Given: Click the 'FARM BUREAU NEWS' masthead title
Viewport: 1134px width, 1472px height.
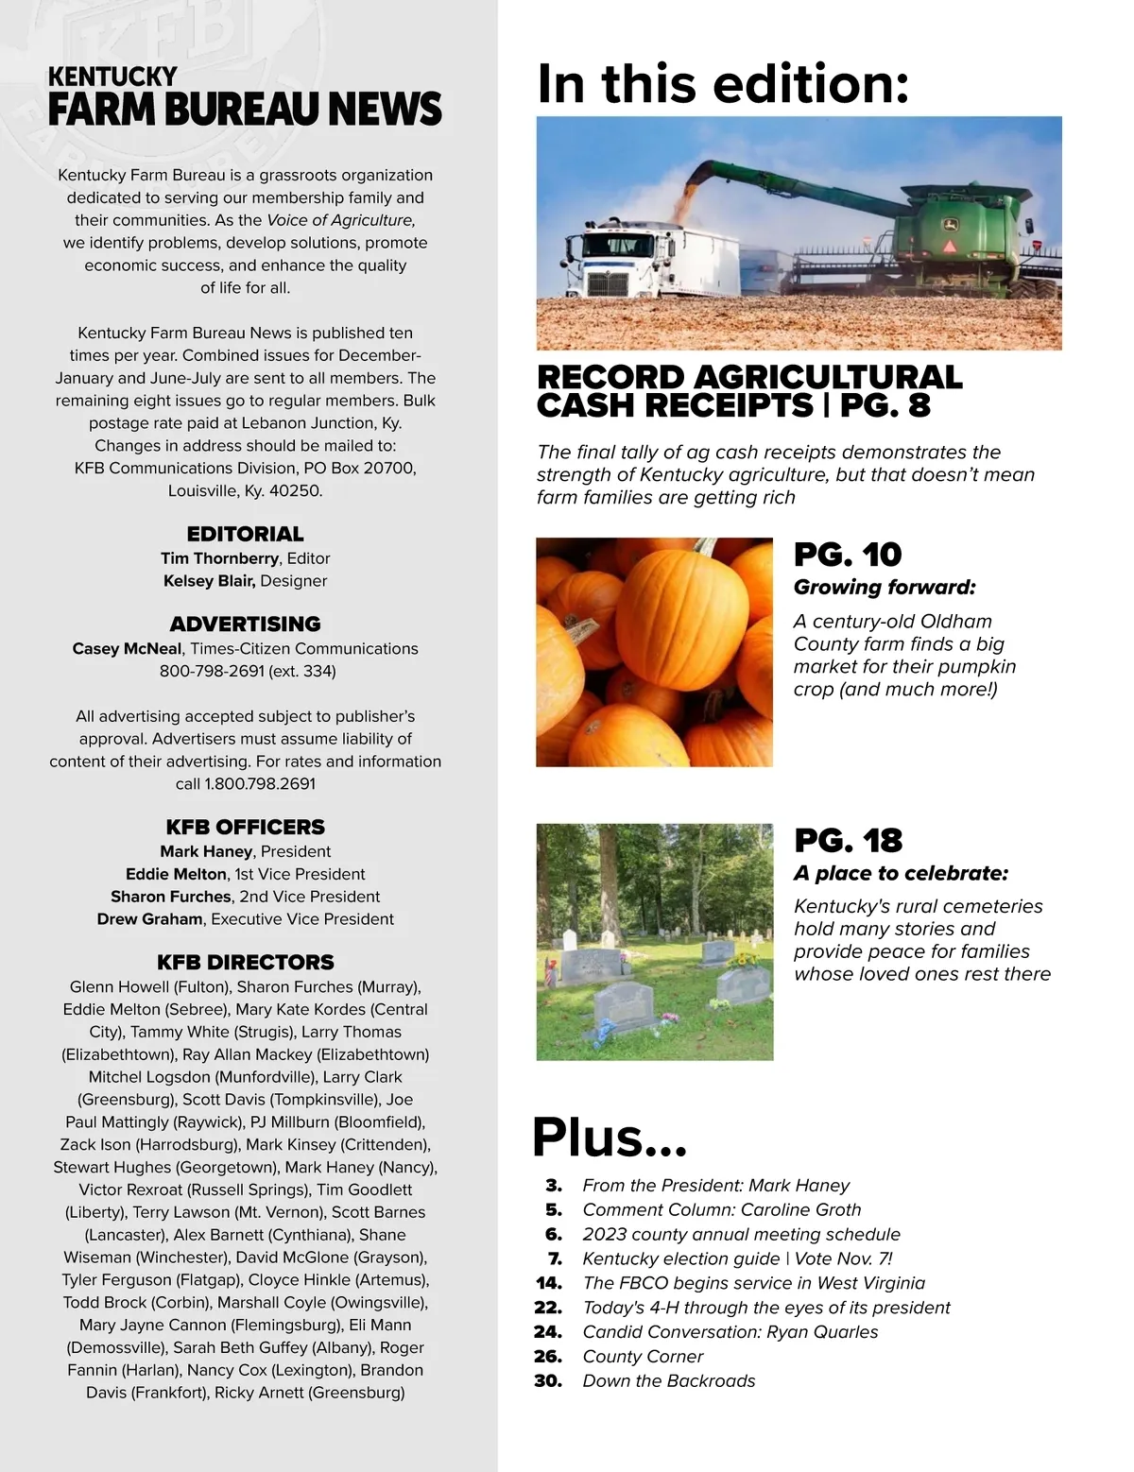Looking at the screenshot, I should (x=245, y=110).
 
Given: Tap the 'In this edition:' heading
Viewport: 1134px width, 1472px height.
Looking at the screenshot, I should (x=723, y=83).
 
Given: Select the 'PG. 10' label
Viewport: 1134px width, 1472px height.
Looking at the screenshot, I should (x=848, y=555).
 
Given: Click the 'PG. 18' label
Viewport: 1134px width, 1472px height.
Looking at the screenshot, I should (x=848, y=840).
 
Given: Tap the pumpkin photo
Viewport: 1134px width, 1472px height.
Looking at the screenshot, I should (x=654, y=652).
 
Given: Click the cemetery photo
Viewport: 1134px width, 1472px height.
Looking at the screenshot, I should (x=654, y=941).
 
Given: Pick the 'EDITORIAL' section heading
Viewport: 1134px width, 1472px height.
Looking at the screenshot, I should (x=245, y=534).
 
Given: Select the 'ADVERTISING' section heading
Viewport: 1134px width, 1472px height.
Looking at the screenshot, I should (x=245, y=624).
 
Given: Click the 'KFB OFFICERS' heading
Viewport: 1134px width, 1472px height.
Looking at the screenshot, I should (x=245, y=827).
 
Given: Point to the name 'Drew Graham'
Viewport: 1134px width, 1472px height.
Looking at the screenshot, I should (x=150, y=919).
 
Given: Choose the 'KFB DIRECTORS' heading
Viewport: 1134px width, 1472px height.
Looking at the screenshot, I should (x=245, y=962).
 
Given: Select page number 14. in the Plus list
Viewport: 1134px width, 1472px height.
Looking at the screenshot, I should (x=548, y=1283).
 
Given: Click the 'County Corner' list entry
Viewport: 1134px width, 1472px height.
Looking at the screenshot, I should (x=643, y=1357).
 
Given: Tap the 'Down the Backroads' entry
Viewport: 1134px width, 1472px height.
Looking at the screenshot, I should (x=669, y=1381).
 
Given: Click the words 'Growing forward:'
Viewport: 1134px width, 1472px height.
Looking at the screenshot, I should (x=884, y=588).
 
